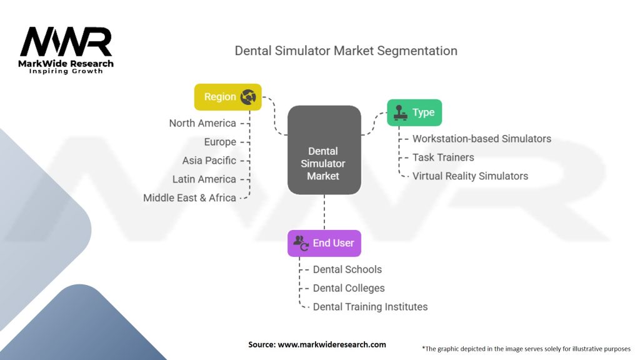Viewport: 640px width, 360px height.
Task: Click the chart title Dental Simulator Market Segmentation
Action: (x=346, y=51)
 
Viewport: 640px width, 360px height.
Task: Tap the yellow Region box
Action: (x=227, y=97)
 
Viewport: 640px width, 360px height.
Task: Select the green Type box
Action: (x=414, y=112)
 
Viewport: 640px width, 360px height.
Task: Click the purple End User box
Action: (x=324, y=243)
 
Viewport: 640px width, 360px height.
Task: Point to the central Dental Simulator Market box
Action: (x=324, y=150)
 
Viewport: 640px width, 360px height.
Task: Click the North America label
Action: (x=202, y=123)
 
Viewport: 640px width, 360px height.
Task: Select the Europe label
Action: (x=220, y=142)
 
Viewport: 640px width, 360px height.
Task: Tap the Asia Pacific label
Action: (x=209, y=161)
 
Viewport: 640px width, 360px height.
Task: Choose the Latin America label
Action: (x=204, y=179)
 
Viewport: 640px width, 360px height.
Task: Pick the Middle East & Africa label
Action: (x=189, y=198)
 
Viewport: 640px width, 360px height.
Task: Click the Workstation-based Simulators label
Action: (x=482, y=139)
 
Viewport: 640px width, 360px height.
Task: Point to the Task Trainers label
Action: (x=443, y=157)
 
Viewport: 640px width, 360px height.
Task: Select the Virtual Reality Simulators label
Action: (x=470, y=176)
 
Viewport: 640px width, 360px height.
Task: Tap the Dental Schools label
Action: (x=347, y=269)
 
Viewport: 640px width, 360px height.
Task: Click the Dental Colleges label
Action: (x=349, y=288)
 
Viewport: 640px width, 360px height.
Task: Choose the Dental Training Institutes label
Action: (x=370, y=307)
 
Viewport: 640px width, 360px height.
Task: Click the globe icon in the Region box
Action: (x=248, y=97)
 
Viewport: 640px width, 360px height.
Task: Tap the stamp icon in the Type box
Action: (x=399, y=113)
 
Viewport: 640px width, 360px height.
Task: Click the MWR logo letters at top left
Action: (x=66, y=42)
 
